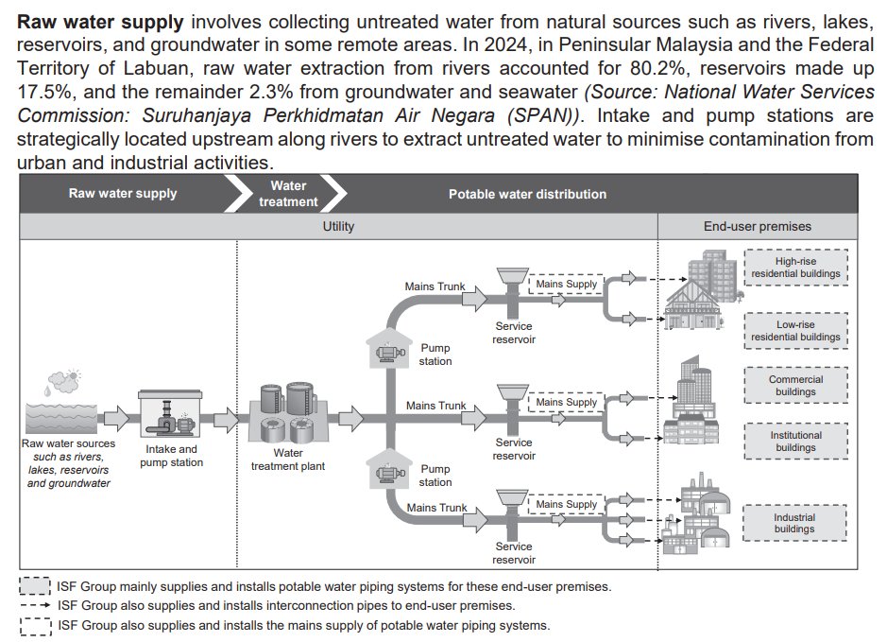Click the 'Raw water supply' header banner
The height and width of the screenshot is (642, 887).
tap(123, 194)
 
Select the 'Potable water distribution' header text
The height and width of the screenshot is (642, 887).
tap(527, 194)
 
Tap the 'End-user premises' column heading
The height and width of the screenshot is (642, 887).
tap(757, 227)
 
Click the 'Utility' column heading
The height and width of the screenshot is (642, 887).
tap(338, 227)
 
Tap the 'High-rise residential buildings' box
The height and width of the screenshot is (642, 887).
tap(795, 268)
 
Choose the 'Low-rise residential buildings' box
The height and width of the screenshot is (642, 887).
tap(794, 330)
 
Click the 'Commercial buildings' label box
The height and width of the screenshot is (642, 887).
tap(795, 386)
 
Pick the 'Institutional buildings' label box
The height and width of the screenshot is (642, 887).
tap(795, 442)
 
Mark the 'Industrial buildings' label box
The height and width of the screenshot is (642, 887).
tap(794, 522)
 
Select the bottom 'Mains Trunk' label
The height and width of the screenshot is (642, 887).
tap(436, 508)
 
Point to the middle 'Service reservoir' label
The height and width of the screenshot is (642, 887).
tap(514, 449)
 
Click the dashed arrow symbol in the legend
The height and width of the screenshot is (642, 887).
tap(35, 605)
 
